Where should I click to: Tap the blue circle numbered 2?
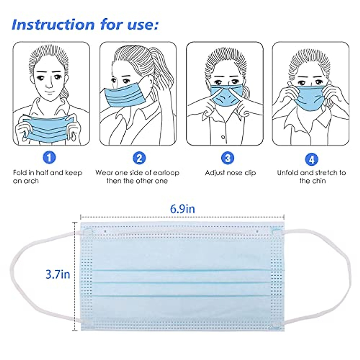[139, 157]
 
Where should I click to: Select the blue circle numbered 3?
[228, 157]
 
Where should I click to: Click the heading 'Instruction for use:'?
[85, 25]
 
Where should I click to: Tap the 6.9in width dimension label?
[182, 209]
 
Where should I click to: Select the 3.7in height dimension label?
[58, 274]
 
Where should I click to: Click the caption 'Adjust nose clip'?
[230, 173]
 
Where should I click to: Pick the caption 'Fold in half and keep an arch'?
[47, 177]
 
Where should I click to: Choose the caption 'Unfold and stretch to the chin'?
[311, 177]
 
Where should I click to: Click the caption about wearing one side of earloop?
[137, 177]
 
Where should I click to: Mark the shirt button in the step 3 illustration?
[223, 137]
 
